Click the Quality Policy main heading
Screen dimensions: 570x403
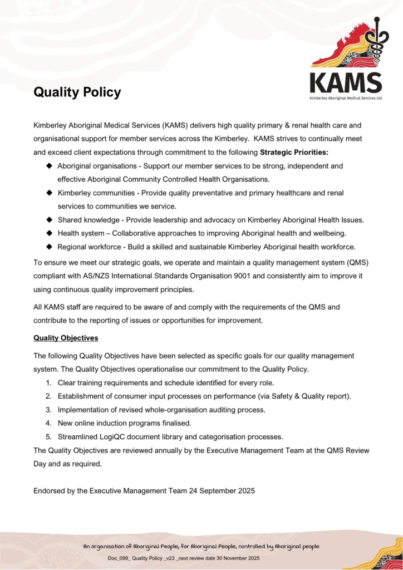tap(77, 92)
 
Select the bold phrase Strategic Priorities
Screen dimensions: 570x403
tap(294, 151)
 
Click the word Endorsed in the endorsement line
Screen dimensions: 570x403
tap(49, 490)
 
